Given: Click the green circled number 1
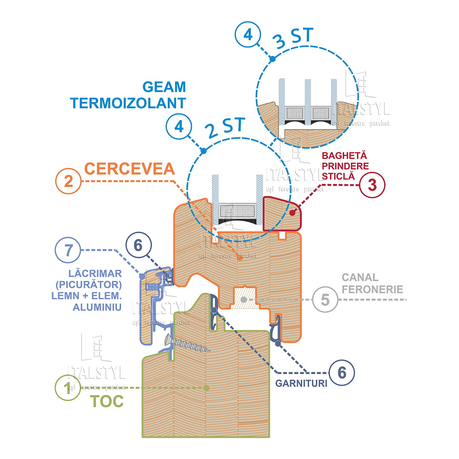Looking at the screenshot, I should (x=68, y=388).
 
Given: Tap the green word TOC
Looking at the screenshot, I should (x=108, y=401).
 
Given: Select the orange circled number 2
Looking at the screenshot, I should (x=68, y=181).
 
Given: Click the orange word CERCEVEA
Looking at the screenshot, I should (x=130, y=168).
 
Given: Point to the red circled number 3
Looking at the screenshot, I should (x=372, y=185).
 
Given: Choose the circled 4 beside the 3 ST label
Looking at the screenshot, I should (x=248, y=35).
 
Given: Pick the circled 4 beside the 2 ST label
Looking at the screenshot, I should (x=179, y=127).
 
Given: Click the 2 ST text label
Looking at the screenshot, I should (x=225, y=128).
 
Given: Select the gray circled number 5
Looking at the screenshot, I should (x=325, y=300).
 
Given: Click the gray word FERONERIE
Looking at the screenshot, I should (x=372, y=289).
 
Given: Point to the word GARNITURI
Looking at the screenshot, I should (x=301, y=383).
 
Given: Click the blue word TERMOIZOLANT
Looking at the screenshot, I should (x=128, y=103).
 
